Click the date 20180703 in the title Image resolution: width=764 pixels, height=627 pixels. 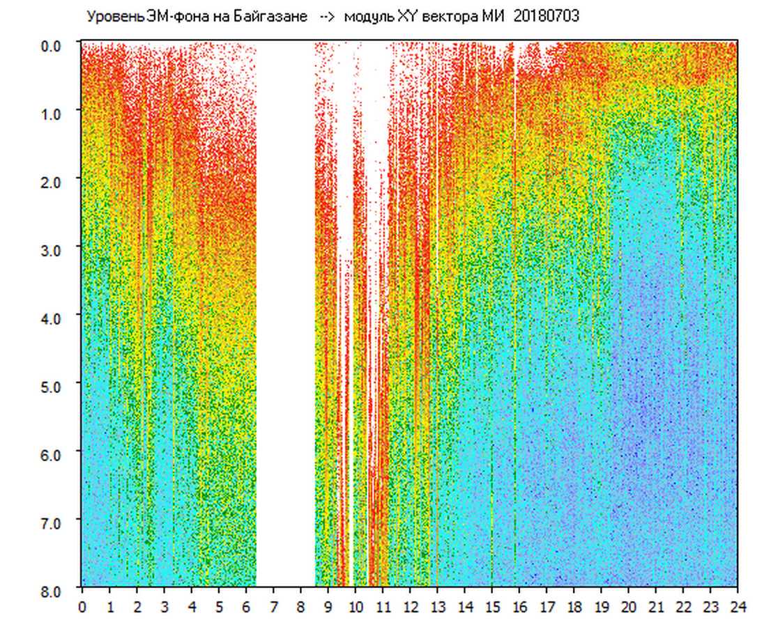click(x=546, y=17)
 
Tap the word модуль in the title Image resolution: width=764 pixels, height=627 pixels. click(x=369, y=17)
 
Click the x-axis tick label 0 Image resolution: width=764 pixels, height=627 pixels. click(x=82, y=606)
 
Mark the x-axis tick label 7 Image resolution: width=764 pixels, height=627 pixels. click(x=273, y=606)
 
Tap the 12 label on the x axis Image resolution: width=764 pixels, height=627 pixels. click(x=410, y=606)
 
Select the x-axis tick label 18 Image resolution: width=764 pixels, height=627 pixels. click(x=574, y=606)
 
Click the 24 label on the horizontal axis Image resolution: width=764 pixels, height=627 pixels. click(x=738, y=606)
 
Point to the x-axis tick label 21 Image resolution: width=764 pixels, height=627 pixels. click(x=656, y=606)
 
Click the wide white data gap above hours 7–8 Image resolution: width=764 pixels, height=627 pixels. click(x=286, y=313)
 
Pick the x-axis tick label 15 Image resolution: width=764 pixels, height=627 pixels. click(x=492, y=606)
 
